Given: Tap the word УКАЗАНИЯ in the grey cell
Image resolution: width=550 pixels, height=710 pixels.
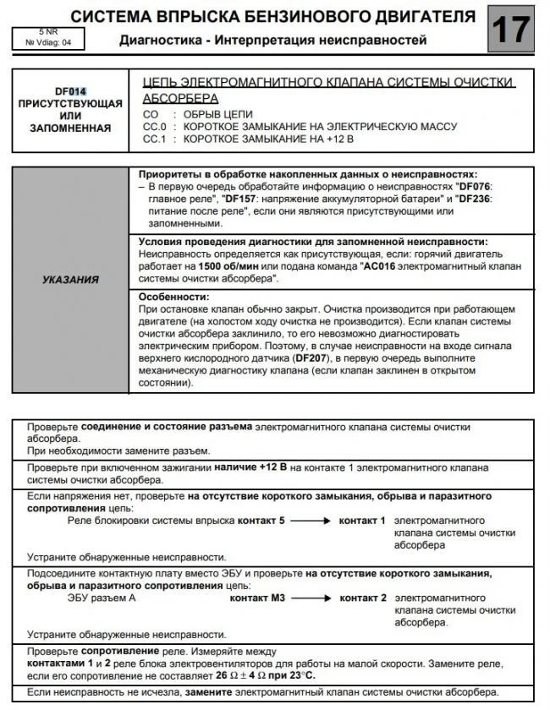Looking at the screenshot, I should (70, 279).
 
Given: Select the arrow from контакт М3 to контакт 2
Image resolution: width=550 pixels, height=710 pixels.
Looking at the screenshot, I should (309, 598).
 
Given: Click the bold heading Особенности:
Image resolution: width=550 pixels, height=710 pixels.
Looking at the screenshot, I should (173, 298).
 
